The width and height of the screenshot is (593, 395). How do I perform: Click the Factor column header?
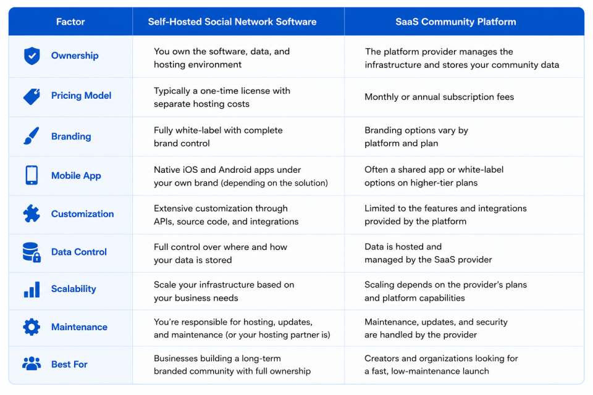[70, 22]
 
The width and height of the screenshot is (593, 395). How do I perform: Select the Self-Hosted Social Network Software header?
[232, 22]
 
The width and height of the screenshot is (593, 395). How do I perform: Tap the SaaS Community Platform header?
[456, 22]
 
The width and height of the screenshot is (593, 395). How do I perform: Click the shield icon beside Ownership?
[32, 56]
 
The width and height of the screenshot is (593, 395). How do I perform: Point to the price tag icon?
[32, 96]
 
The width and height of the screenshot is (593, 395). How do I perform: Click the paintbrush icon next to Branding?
[32, 136]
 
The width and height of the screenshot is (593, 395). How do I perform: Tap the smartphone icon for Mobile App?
[32, 175]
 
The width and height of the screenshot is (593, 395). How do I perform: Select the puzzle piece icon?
[32, 214]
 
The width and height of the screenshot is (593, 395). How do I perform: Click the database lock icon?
[32, 252]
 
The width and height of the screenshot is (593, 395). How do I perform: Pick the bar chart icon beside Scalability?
[32, 289]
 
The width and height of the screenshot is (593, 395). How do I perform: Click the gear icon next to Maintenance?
[32, 327]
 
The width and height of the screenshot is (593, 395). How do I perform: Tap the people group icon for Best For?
[32, 364]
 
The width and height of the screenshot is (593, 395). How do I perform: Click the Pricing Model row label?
[82, 96]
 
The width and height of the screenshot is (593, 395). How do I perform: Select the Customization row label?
[82, 214]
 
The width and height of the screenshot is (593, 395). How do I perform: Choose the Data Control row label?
[79, 252]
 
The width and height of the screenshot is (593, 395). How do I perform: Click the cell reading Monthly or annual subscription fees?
[439, 97]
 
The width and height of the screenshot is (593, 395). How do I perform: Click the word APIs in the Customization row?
[164, 222]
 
